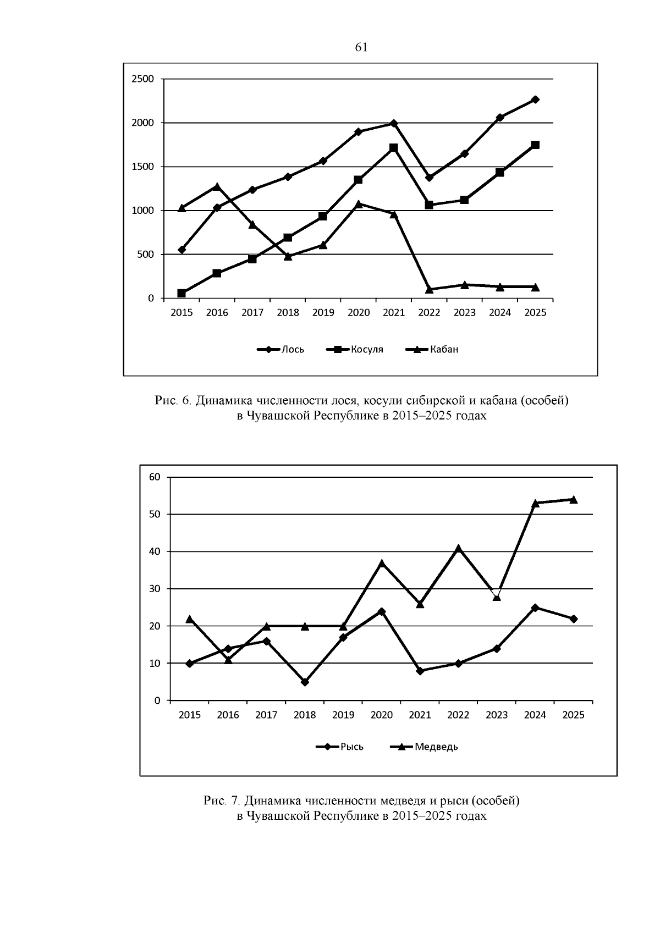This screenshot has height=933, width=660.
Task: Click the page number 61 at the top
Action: click(x=361, y=47)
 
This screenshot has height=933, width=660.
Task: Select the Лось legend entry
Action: click(x=280, y=350)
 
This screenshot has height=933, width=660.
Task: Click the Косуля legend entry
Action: click(x=355, y=350)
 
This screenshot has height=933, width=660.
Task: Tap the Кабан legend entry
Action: click(x=432, y=350)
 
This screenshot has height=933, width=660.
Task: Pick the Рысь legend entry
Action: click(x=339, y=747)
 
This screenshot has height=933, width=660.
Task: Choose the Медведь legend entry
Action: click(x=424, y=747)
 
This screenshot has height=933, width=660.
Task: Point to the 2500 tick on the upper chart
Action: click(x=142, y=79)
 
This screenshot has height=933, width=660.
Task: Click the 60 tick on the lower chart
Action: click(x=155, y=477)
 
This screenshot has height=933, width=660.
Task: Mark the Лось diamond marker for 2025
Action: click(x=535, y=100)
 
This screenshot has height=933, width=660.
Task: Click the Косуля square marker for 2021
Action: click(x=394, y=148)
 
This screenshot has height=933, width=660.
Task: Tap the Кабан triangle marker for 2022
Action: click(x=429, y=289)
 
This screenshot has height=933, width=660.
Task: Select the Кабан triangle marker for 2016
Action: click(x=217, y=186)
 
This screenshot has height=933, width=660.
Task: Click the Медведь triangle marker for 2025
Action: click(x=573, y=499)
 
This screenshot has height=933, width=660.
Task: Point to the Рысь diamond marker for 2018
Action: click(x=305, y=682)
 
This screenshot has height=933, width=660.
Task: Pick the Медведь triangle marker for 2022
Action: click(x=458, y=548)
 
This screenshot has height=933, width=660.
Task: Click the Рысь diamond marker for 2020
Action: click(x=382, y=611)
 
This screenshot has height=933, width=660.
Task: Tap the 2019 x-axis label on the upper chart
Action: click(x=323, y=313)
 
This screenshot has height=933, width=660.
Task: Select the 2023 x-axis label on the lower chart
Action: click(x=497, y=715)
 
